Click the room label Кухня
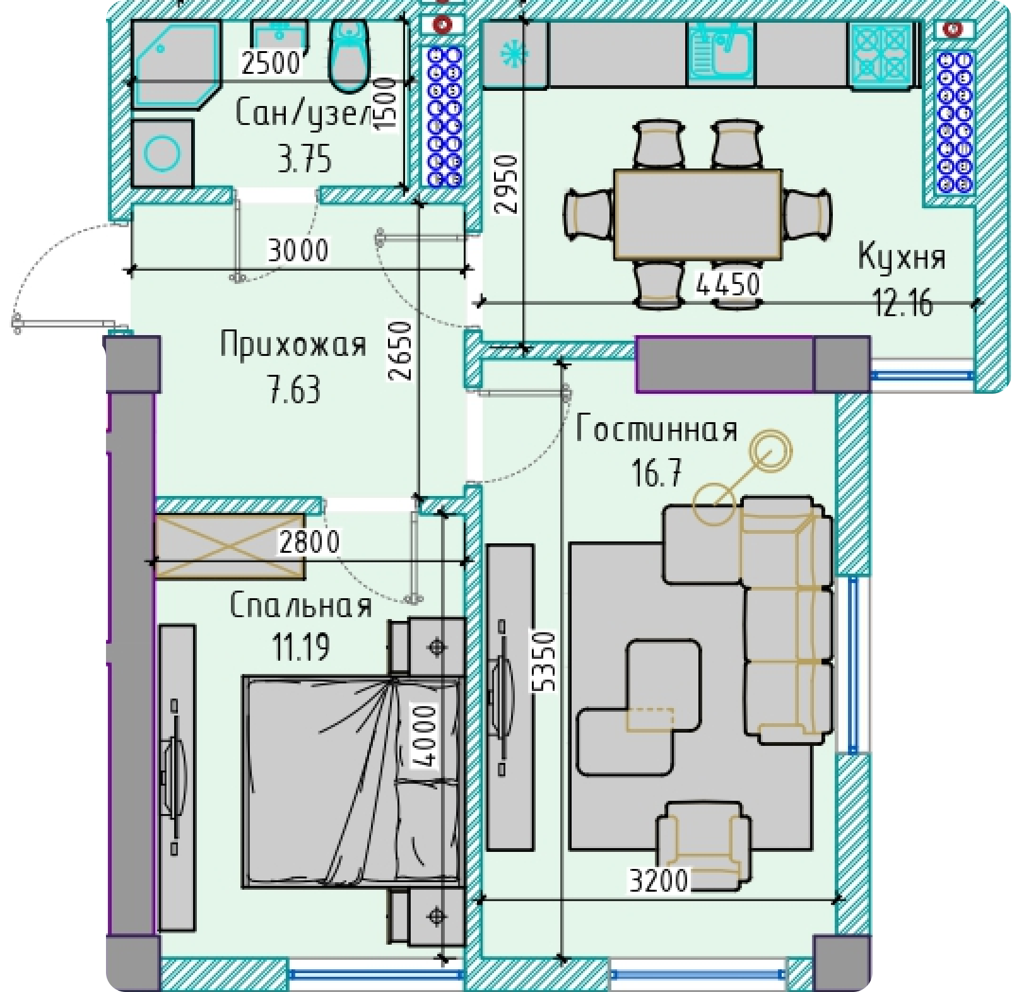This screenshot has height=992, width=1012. pyautogui.click(x=902, y=257)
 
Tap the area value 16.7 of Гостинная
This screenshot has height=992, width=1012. pyautogui.click(x=657, y=473)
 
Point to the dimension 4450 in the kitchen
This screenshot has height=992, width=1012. pyautogui.click(x=727, y=285)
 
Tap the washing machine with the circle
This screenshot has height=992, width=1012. pyautogui.click(x=162, y=153)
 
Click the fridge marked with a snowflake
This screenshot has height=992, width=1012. pyautogui.click(x=515, y=54)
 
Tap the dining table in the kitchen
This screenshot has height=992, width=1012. pyautogui.click(x=698, y=214)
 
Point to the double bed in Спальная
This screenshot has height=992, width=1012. pyautogui.click(x=354, y=782)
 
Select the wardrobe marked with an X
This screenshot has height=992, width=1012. pyautogui.click(x=230, y=546)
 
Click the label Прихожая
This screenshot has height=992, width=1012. pyautogui.click(x=293, y=345)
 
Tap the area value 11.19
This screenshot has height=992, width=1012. pyautogui.click(x=301, y=646)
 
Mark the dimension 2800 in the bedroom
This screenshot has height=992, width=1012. pyautogui.click(x=309, y=541)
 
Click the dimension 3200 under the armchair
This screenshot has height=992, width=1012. pyautogui.click(x=659, y=880)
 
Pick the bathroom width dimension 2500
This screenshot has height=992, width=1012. pyautogui.click(x=271, y=62)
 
